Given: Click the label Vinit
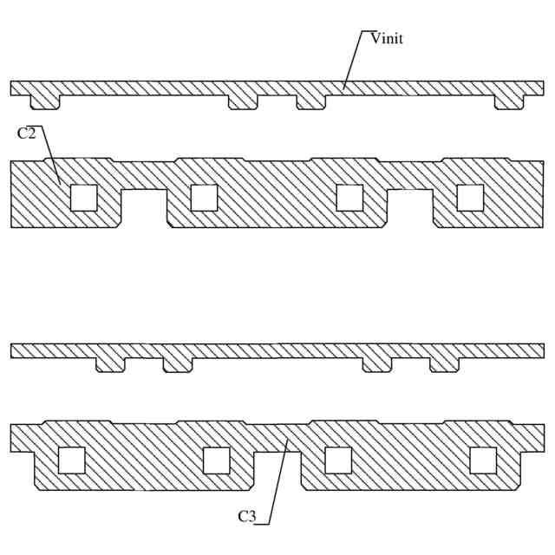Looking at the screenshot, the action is pos(387,39).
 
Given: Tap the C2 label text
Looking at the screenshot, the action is pos(27,134).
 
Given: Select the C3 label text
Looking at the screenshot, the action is pos(247,517).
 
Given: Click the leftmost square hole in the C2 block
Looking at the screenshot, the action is pos(84,198).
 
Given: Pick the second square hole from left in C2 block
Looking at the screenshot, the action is pos(204,198).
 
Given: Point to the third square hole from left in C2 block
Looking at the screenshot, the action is pos(349,198).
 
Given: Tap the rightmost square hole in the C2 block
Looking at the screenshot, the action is pos(470,198).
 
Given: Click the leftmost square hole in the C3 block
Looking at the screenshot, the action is pos(71,460).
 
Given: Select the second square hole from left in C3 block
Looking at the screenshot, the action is pos(216,460).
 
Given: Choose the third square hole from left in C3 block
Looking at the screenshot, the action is pos(338,460).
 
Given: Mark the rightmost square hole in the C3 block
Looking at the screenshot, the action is pos(483,460).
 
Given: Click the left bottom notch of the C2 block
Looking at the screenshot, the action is pos(143,208).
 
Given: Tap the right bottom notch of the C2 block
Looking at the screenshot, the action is pos(409,208).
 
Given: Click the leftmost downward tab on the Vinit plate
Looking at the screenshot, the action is pos(45,102).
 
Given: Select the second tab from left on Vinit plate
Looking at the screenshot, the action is pos(243,102).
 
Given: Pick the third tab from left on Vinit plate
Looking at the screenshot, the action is pos(310,102).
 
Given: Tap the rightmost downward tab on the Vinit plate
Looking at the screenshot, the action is pos(509,102).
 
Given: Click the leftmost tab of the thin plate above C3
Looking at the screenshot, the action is pos(110,365).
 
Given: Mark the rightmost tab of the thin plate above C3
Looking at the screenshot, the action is pos(444,365).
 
